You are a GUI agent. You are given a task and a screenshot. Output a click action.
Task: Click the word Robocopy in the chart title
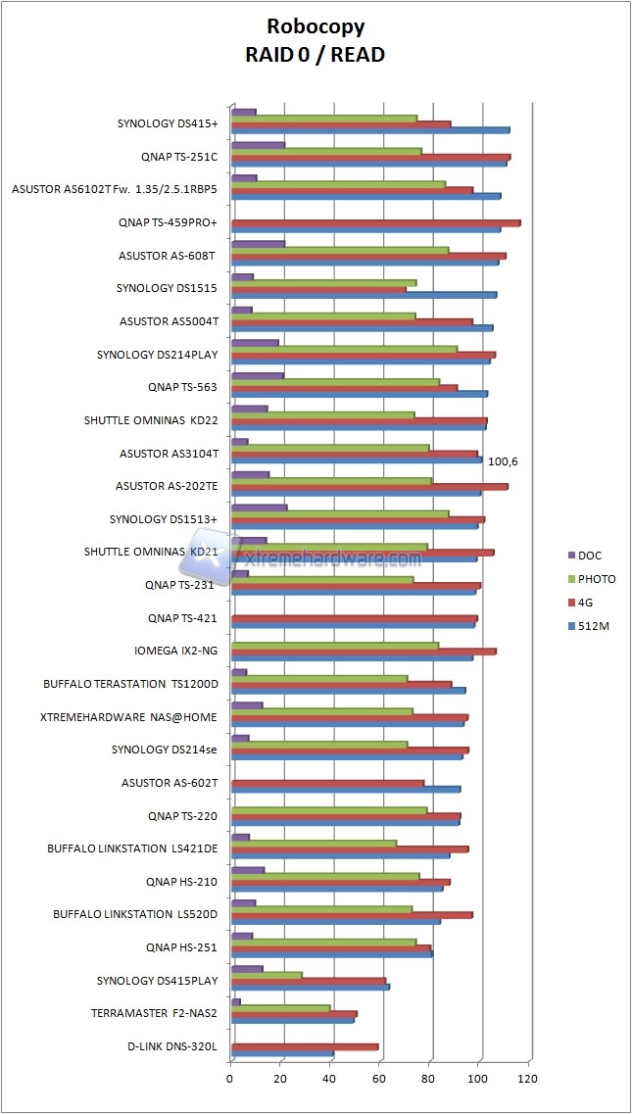coord(315,25)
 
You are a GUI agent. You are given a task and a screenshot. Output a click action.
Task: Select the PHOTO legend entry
coord(597,579)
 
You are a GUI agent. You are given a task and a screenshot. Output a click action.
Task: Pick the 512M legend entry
coord(593,626)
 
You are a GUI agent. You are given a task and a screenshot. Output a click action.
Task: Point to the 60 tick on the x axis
coord(379,1080)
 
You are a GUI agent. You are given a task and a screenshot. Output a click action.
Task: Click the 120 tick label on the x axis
coord(528,1080)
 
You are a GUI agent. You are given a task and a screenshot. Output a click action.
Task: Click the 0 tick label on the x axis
coord(230,1080)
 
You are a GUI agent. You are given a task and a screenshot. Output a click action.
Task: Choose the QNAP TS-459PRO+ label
coord(168,222)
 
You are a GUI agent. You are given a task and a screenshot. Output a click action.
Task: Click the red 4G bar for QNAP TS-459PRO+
coord(375,222)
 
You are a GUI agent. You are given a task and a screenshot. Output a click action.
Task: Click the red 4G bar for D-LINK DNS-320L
coord(304,1046)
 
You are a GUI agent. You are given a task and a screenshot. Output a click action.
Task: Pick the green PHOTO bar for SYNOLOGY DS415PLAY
coord(266,975)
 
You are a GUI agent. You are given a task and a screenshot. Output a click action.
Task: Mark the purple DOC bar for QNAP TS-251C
coord(257,145)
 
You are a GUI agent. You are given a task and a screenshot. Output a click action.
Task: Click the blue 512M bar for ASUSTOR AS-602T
coord(345,789)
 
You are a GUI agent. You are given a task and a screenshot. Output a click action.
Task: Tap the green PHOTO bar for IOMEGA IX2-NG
coord(334,645)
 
